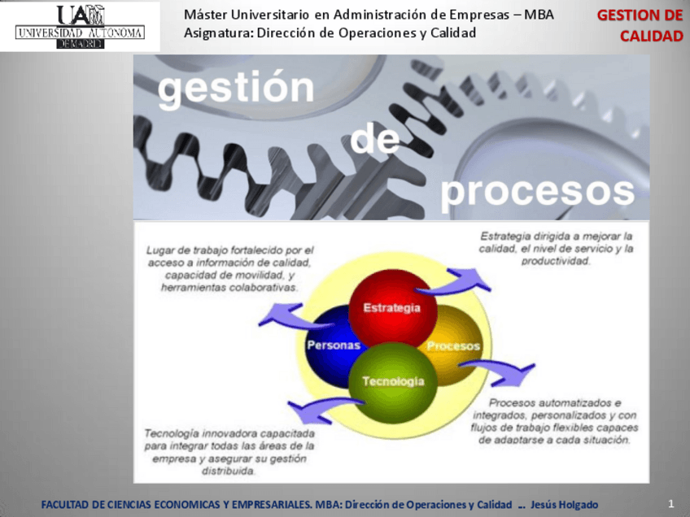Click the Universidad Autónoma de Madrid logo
click(x=80, y=26)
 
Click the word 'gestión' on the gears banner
click(x=236, y=89)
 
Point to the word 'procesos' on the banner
click(x=537, y=191)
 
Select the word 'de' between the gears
click(x=375, y=140)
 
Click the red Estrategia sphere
click(x=392, y=307)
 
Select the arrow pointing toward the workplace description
click(x=281, y=314)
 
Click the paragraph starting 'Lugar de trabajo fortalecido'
click(x=230, y=269)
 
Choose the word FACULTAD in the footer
click(x=64, y=505)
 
